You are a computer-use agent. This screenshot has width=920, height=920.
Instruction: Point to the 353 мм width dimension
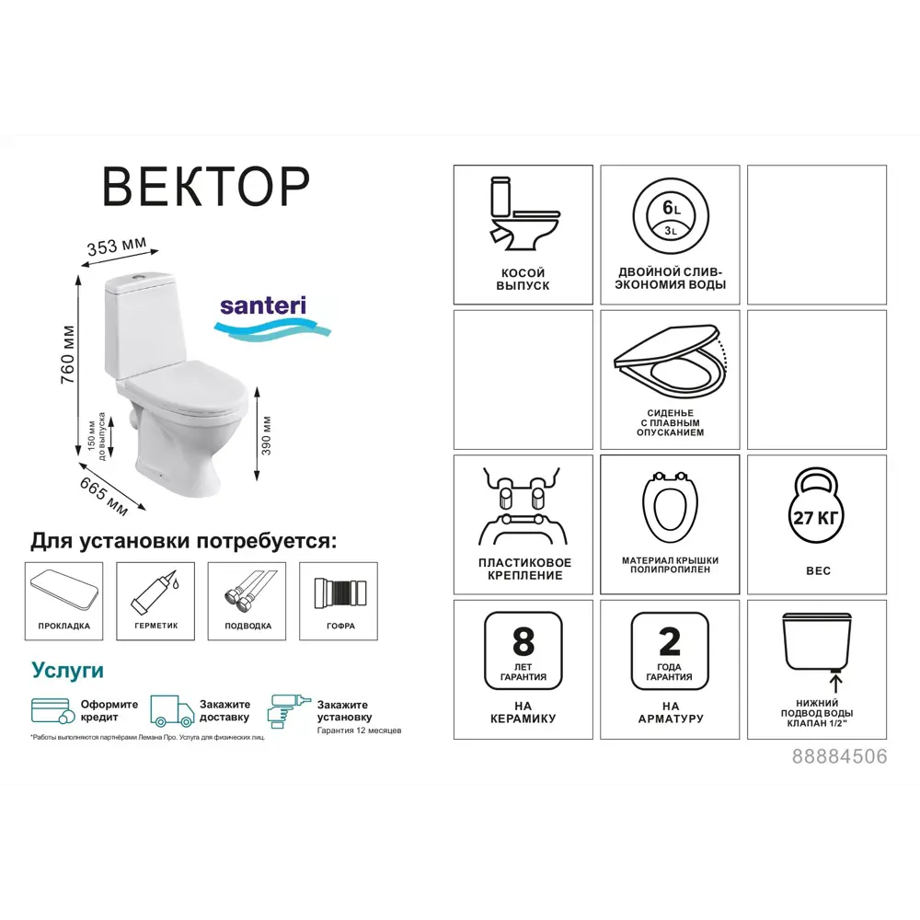tap(117, 247)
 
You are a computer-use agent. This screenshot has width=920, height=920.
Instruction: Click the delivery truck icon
tap(172, 711)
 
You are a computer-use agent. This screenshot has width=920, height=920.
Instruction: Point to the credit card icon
tap(52, 711)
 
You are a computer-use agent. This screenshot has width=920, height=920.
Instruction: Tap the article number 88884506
tap(839, 756)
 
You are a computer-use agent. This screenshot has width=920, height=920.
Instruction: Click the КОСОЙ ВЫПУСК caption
tap(523, 280)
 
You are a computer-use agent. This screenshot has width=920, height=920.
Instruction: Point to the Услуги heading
tap(67, 669)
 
